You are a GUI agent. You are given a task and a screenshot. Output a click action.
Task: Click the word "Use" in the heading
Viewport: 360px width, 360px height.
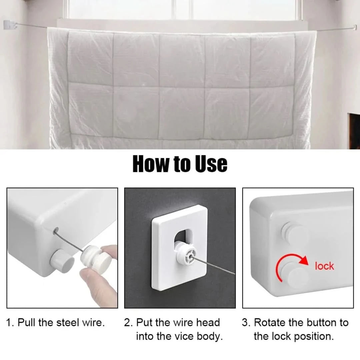pos(211,164)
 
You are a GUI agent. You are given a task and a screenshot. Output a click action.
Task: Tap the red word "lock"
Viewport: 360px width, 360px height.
pos(324,266)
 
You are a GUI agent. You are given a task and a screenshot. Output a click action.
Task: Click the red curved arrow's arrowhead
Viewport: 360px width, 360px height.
pos(304,260)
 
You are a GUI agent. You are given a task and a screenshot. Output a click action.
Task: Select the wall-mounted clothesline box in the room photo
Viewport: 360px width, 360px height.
pos(10,25)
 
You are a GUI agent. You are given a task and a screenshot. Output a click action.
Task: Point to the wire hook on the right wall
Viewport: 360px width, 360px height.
pos(355,28)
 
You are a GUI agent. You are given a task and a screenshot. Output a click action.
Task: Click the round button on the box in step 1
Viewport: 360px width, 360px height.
pos(62,260)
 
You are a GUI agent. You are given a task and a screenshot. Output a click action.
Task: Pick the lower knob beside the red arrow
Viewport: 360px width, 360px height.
pos(296,276)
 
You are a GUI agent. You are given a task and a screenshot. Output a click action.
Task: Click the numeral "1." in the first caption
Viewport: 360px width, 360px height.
pos(10,322)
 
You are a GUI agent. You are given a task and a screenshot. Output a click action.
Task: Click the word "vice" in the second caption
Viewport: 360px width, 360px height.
pos(184,336)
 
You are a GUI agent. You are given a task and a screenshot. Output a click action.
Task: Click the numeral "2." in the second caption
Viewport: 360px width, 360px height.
pos(129,322)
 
